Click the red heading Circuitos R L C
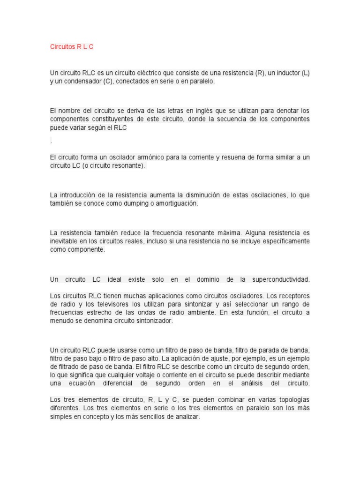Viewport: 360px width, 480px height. tap(72, 47)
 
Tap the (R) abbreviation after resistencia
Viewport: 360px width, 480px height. tap(260, 73)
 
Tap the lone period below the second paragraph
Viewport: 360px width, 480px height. tap(51, 142)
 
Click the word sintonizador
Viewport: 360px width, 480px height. tap(152, 321)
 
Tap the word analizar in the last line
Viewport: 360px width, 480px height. tap(187, 416)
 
